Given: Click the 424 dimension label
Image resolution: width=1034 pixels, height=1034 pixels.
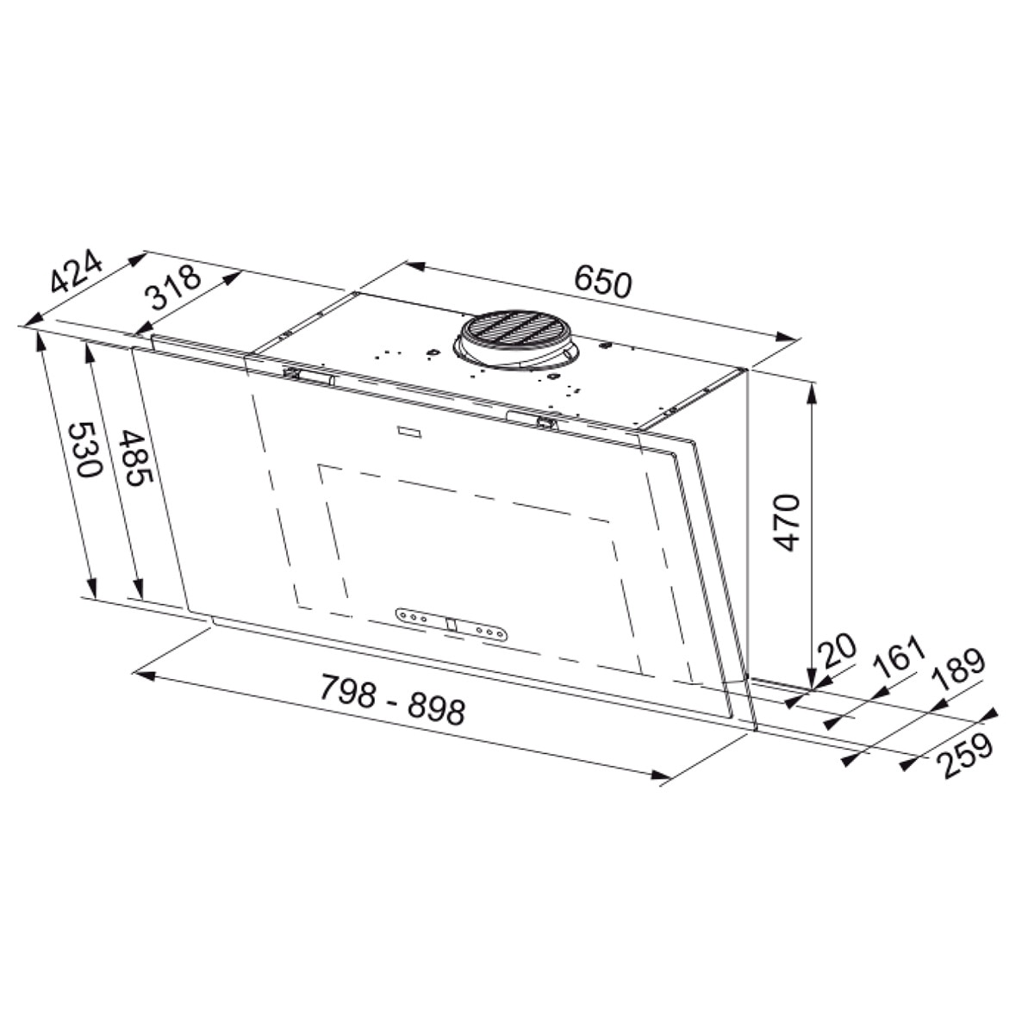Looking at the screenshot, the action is (x=76, y=271).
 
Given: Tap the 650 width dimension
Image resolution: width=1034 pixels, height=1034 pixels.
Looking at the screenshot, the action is (x=602, y=283).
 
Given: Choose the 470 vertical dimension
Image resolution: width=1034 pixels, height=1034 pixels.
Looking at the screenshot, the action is (x=788, y=522).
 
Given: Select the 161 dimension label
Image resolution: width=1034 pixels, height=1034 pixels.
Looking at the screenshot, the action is (x=899, y=657).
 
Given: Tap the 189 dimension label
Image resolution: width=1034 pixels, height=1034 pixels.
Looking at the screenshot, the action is (x=958, y=670).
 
